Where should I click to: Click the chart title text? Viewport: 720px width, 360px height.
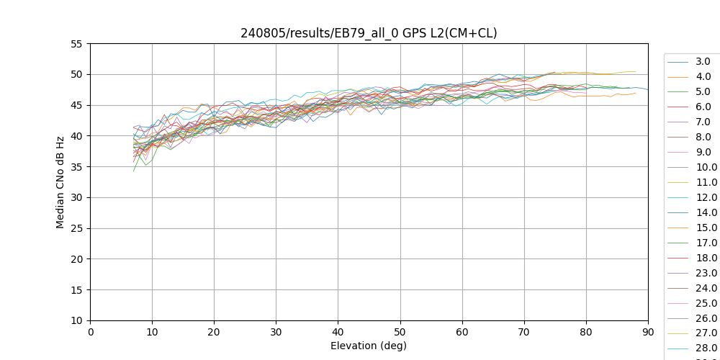pos(369,33)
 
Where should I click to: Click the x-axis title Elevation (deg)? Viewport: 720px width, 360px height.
pos(369,346)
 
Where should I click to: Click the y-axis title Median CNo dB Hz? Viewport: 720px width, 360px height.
pos(60,182)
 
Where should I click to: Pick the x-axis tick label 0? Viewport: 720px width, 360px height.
pos(90,331)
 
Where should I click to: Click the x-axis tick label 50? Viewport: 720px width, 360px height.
pos(400,331)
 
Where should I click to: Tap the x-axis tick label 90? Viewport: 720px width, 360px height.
pos(648,331)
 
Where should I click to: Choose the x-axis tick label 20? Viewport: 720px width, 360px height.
pos(214,331)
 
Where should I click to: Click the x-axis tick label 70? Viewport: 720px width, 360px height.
pos(524,331)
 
